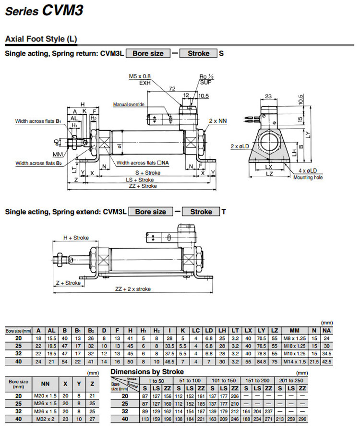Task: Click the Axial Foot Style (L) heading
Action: click(41, 39)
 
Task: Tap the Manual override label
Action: click(128, 105)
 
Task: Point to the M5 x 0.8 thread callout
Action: click(140, 76)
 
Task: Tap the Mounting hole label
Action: click(308, 178)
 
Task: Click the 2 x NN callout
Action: click(217, 121)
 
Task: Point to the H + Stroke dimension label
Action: click(76, 238)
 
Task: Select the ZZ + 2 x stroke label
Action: click(133, 289)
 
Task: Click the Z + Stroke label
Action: click(68, 283)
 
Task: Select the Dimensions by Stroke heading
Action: click(147, 372)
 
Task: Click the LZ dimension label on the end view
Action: click(270, 174)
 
